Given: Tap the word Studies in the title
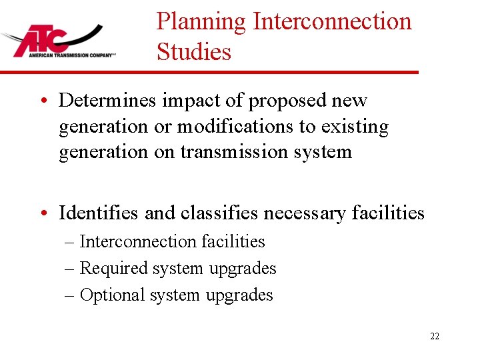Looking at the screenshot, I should point(194,52).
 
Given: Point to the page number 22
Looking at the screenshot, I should point(435,336).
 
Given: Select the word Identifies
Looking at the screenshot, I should point(99,213).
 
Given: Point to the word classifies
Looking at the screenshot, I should point(219,213).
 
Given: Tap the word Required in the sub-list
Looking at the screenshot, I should point(113,268).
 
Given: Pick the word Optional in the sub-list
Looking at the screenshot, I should point(112,295).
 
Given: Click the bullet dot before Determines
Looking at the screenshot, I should point(43,101).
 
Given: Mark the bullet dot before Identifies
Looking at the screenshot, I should point(43,213).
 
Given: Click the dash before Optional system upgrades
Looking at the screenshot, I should point(69,295).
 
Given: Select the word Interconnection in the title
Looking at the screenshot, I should point(332,22).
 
